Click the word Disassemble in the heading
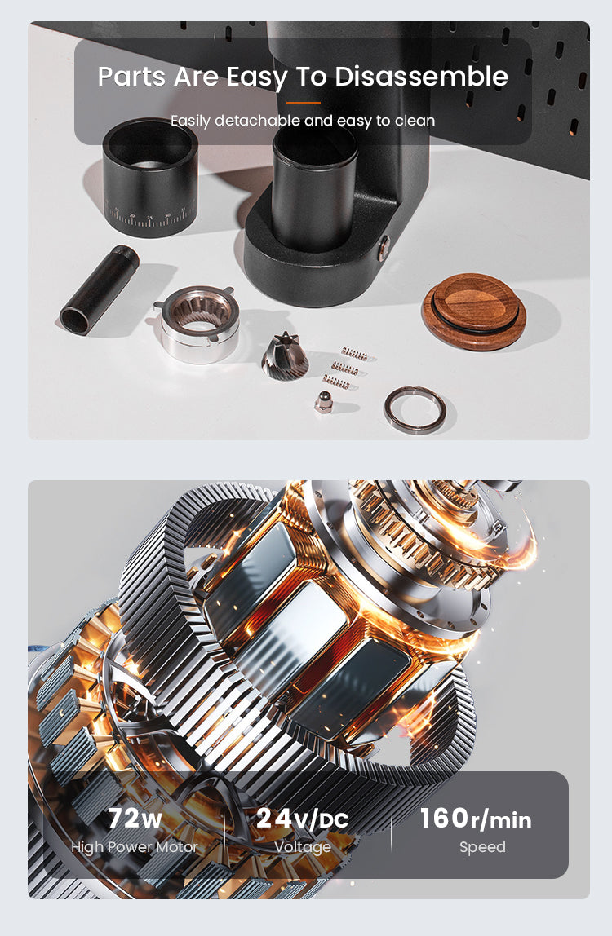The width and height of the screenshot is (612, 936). pyautogui.click(x=421, y=77)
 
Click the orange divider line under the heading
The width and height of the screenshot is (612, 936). pyautogui.click(x=304, y=103)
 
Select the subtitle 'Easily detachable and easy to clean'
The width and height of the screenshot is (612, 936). pyautogui.click(x=303, y=121)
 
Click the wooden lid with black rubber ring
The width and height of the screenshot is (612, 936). pyautogui.click(x=474, y=311)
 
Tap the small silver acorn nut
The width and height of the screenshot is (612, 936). pyautogui.click(x=324, y=402)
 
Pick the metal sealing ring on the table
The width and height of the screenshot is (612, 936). pyautogui.click(x=415, y=408)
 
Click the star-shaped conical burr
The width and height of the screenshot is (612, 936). pyautogui.click(x=285, y=355)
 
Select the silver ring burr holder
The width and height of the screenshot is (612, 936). pyautogui.click(x=199, y=324)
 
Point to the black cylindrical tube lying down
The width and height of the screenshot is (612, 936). pyautogui.click(x=100, y=289)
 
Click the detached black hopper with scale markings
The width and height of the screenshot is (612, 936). pyautogui.click(x=150, y=174)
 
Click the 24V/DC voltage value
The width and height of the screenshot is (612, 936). pyautogui.click(x=302, y=818)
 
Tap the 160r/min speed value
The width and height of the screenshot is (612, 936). pyautogui.click(x=475, y=818)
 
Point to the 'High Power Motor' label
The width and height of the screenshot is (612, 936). pyautogui.click(x=135, y=847)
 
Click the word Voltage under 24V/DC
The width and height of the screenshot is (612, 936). pyautogui.click(x=303, y=847)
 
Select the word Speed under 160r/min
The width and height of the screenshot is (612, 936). pyautogui.click(x=482, y=847)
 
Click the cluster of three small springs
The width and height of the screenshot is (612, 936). pyautogui.click(x=343, y=368)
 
